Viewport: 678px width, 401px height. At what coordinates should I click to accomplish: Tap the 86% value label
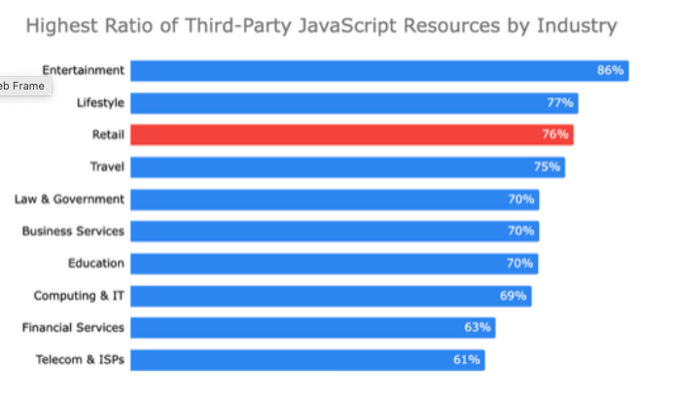coord(610,70)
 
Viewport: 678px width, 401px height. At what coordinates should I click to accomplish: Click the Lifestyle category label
coord(100,102)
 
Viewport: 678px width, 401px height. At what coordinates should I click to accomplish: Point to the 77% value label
coord(560,102)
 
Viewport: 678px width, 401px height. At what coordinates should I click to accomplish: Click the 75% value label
coord(547,166)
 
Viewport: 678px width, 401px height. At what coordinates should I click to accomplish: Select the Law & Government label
coord(69,199)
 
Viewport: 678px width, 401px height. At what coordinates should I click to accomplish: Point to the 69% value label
coord(514,295)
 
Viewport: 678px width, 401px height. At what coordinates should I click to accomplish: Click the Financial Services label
coord(73,327)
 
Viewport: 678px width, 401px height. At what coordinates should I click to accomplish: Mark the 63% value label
coord(479,327)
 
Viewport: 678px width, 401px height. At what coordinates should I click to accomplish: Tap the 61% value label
coord(467,360)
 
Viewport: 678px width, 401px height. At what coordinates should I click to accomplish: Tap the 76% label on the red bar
coord(555,134)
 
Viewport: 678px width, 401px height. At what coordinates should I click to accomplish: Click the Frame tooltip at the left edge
coord(22,86)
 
